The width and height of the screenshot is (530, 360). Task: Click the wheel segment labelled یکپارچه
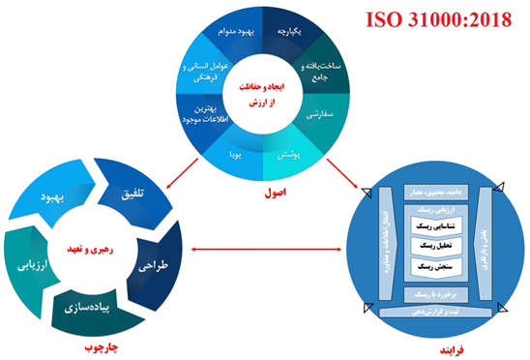tap(290, 32)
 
